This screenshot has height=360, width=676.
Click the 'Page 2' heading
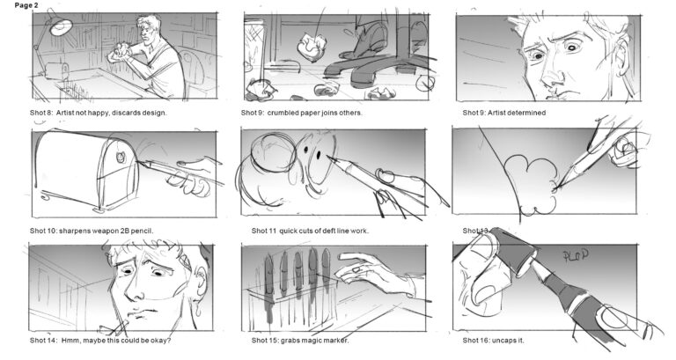pos(19,6)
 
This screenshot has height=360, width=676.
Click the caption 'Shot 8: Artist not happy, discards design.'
pos(98,113)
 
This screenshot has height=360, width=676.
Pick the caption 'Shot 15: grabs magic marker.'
pos(300,341)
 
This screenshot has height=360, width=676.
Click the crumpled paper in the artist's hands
pos(115,54)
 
